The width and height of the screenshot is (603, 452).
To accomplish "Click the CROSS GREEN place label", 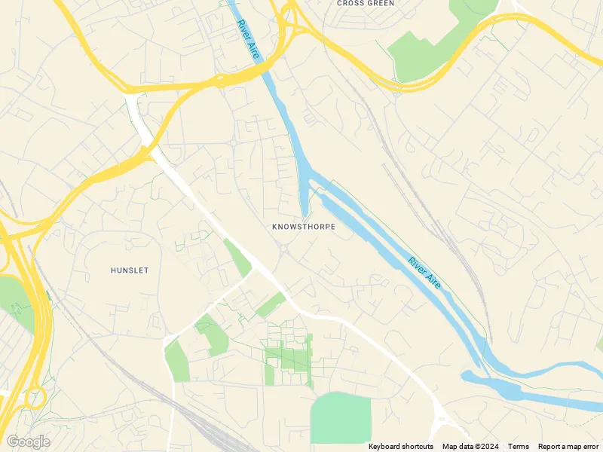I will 366,4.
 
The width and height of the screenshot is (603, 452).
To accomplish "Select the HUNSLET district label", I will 130,270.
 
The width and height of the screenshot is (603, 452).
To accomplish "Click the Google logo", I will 28,441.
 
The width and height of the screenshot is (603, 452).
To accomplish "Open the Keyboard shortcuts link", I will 401,447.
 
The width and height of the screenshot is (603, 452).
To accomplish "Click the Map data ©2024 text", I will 470,447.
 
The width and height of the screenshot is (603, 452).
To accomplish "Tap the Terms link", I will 519,447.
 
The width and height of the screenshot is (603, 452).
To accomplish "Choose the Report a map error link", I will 569,447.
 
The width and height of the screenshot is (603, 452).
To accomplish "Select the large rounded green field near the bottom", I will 341,418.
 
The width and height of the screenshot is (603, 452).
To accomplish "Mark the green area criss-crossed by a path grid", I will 288,354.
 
